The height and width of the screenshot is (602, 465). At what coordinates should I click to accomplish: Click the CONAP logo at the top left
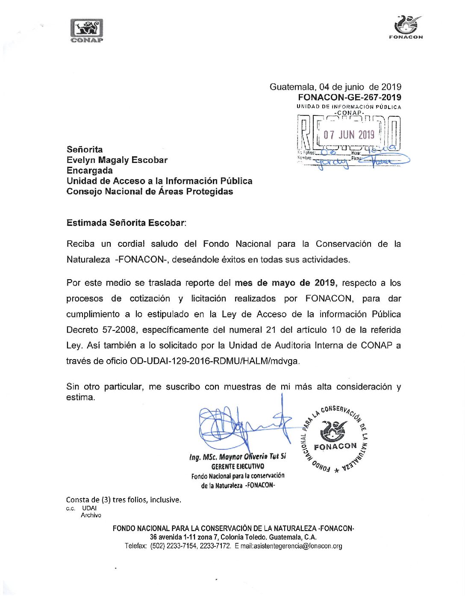coord(87,30)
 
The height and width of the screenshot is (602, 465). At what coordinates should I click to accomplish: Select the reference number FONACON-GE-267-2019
coord(350,97)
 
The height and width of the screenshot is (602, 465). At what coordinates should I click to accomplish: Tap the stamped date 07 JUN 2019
coord(349,135)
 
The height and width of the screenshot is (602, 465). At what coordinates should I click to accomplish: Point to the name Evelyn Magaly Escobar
coord(117,160)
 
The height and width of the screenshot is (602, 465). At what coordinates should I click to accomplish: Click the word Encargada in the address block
coord(89,170)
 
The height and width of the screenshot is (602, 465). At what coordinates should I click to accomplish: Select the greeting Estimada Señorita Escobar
coord(126,223)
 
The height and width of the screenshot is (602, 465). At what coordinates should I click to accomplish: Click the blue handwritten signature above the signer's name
coord(239,425)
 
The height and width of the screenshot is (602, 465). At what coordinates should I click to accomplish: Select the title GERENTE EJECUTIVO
coord(238,466)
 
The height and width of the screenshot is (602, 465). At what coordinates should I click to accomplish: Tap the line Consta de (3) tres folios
coord(123,499)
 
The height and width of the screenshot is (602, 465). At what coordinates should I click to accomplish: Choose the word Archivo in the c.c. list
coord(91,515)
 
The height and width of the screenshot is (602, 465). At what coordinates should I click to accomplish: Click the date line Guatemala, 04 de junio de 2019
coord(335,87)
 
